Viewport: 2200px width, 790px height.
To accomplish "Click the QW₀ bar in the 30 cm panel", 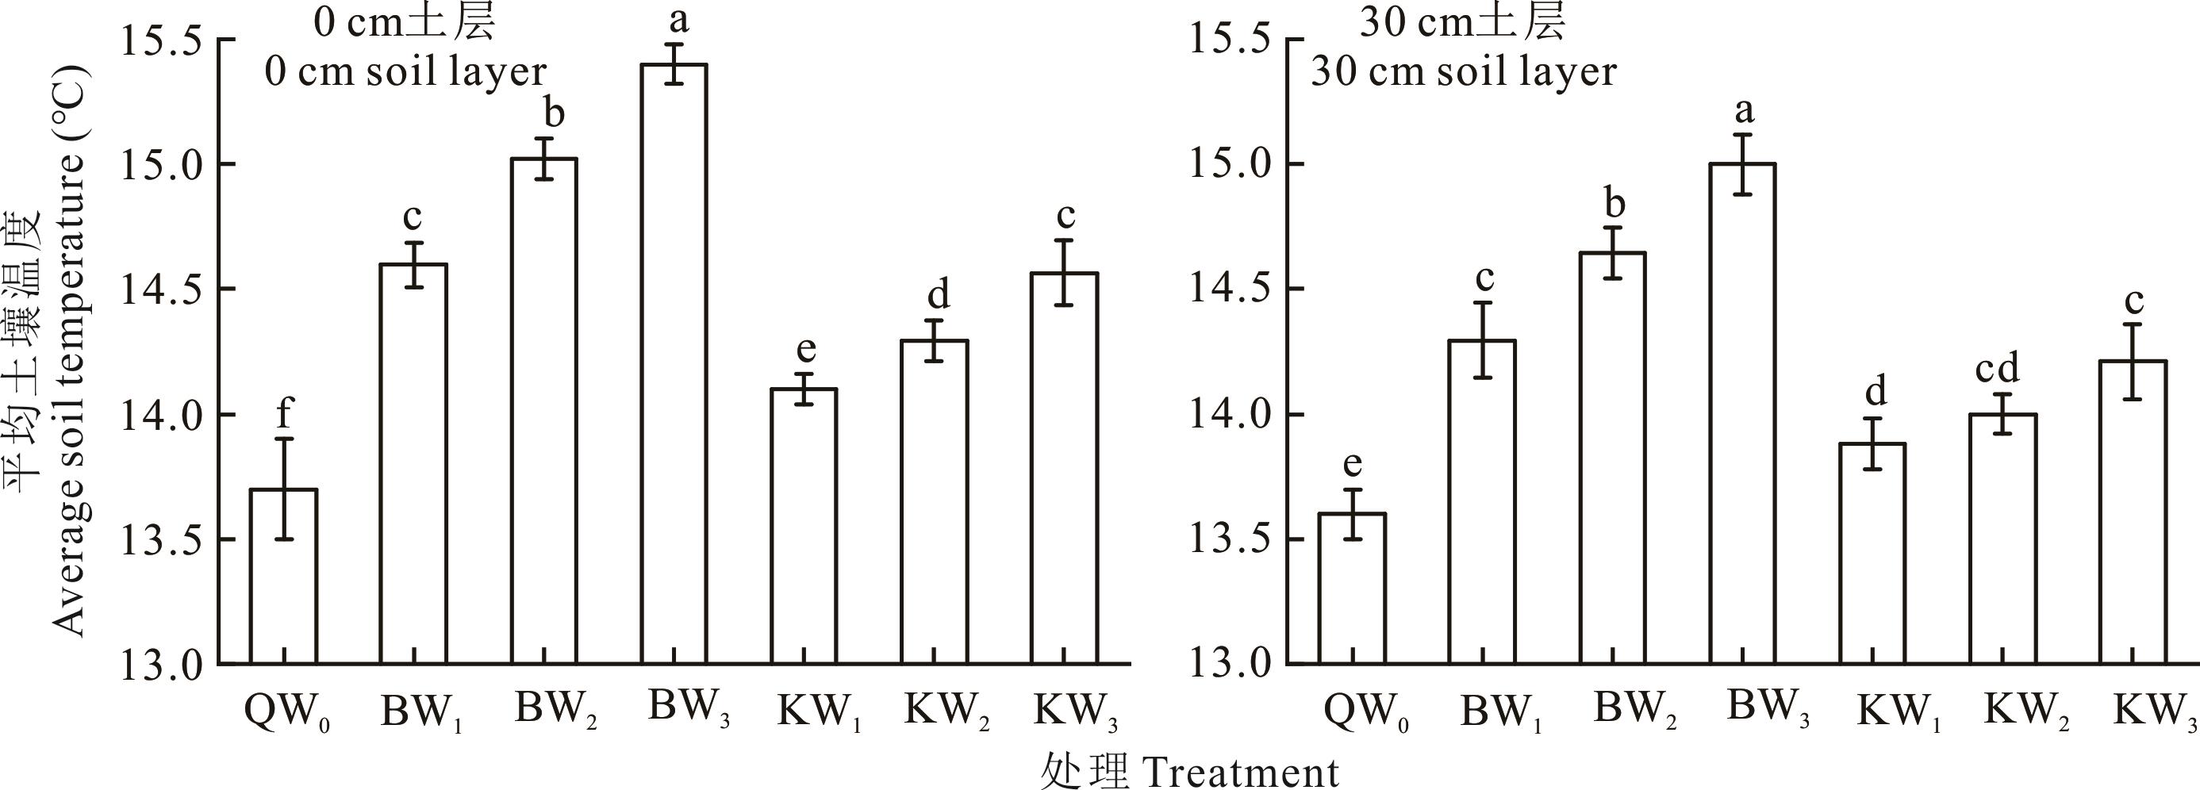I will pos(1352,589).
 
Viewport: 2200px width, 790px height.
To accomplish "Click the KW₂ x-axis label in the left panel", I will pos(946,710).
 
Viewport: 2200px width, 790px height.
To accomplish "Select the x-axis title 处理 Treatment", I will pos(1188,772).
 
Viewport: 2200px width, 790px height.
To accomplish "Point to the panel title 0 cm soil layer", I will pos(405,71).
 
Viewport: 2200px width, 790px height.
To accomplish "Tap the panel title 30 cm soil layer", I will pos(1463,71).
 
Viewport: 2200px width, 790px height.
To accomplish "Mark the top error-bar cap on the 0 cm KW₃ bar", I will pos(1063,240).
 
